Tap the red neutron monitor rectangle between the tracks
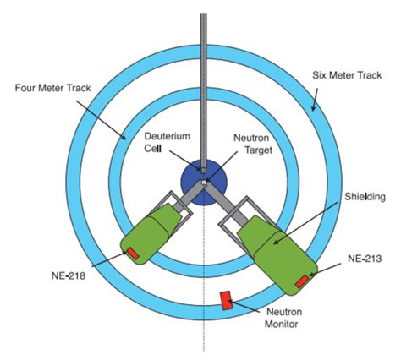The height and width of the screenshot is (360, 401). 228,300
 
